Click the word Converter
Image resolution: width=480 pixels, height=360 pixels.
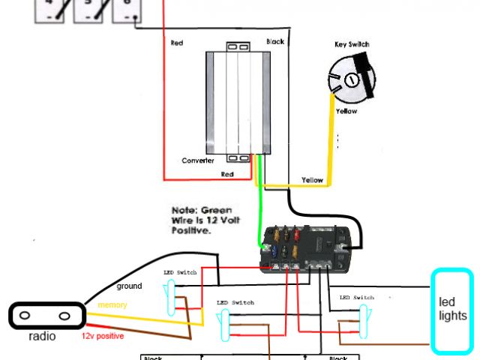click(x=198, y=160)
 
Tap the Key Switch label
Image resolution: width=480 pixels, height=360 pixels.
click(x=352, y=45)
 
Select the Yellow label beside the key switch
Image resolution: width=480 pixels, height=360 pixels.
click(x=346, y=112)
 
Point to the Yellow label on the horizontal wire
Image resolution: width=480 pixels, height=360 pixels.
click(x=312, y=181)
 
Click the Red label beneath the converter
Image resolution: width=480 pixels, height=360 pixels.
click(x=226, y=174)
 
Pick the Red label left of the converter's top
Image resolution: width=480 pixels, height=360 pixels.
click(x=177, y=43)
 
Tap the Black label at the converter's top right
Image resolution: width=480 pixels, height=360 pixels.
click(x=275, y=42)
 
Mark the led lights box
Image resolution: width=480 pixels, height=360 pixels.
click(x=452, y=310)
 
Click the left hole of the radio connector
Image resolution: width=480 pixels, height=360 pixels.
click(x=25, y=315)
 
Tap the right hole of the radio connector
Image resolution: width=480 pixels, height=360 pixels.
click(x=65, y=315)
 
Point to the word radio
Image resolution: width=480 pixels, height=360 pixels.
click(x=42, y=337)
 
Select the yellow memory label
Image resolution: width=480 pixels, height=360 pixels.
click(x=112, y=305)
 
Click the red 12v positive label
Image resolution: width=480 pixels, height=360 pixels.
click(x=103, y=336)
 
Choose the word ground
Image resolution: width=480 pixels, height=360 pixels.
click(x=129, y=286)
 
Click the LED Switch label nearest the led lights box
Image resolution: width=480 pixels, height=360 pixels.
click(x=356, y=298)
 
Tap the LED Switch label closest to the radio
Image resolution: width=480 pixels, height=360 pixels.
click(x=180, y=272)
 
